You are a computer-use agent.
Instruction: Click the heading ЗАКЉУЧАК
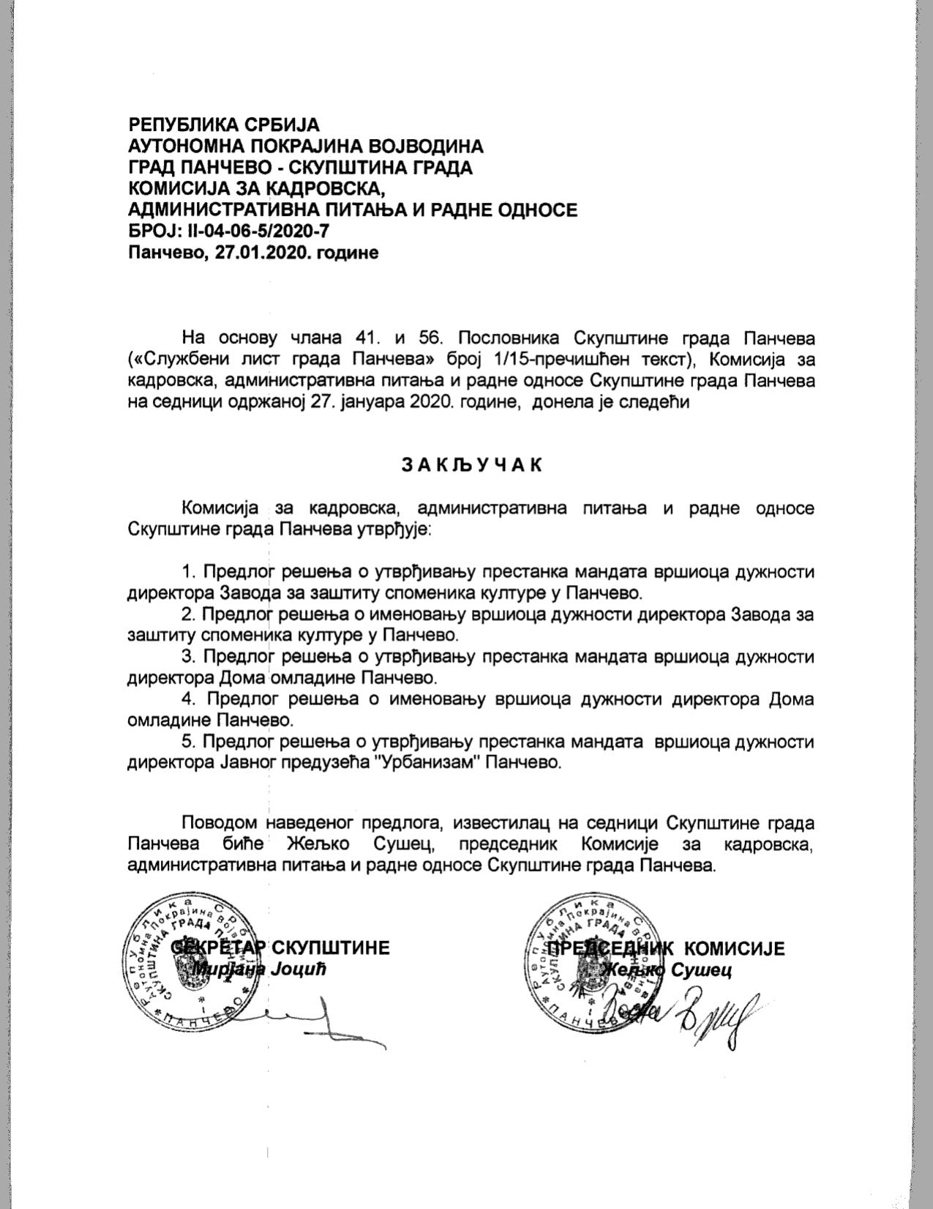472,466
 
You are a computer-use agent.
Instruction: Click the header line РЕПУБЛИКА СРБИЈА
224,124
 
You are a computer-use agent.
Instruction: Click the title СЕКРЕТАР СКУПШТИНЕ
280,948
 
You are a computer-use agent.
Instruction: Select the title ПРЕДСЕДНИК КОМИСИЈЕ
666,949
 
